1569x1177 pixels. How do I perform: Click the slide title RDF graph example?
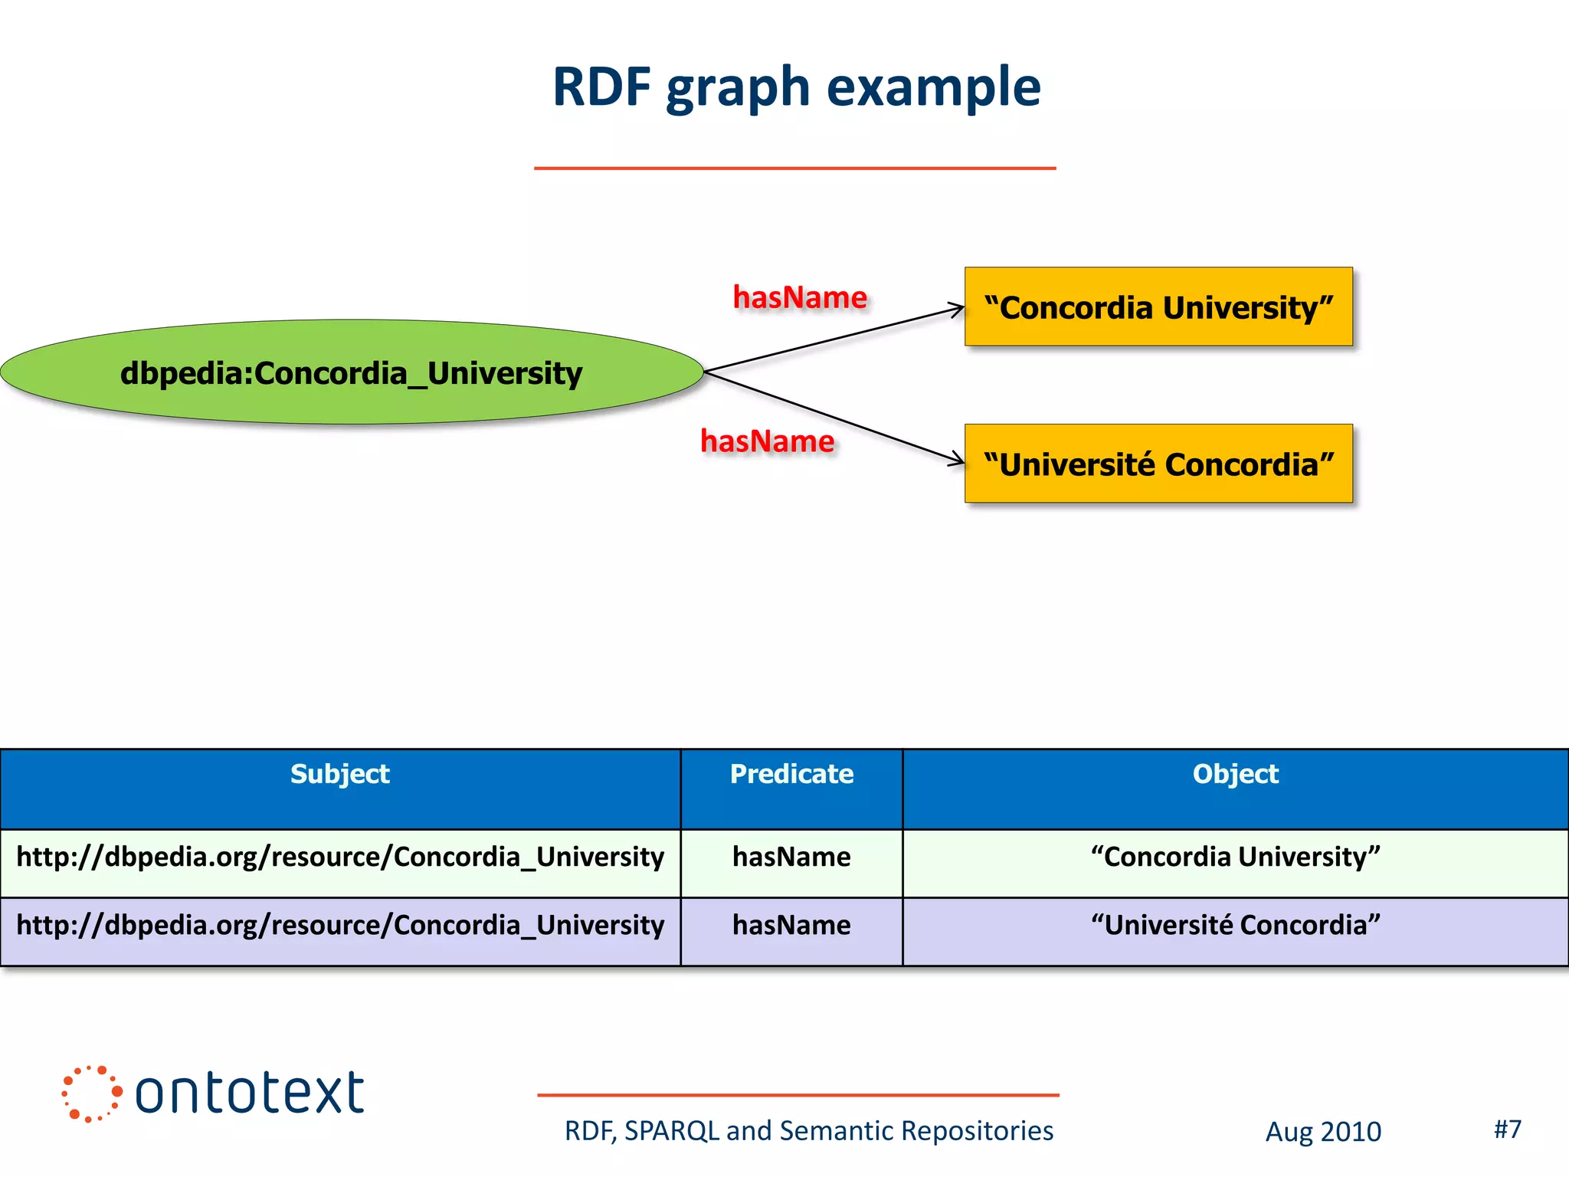796,87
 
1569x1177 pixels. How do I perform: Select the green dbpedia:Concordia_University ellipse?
352,373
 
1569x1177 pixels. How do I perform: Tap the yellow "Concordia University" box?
1158,307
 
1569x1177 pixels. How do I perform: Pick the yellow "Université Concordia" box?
1158,464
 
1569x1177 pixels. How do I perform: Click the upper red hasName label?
799,297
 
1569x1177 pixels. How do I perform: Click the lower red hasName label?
767,441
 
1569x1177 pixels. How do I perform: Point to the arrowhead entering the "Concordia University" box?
958,309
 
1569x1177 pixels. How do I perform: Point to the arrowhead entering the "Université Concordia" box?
958,461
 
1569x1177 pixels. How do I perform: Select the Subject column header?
340,774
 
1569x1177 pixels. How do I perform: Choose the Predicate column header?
791,774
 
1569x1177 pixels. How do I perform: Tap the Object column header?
1235,774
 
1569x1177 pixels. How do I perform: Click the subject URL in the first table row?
340,857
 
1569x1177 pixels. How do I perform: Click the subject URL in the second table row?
340,925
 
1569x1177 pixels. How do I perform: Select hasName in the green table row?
791,857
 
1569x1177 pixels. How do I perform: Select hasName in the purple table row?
791,925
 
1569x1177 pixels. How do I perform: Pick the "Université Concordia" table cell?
1235,925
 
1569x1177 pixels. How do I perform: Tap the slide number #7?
1507,1129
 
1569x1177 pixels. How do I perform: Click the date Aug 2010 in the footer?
1323,1132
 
